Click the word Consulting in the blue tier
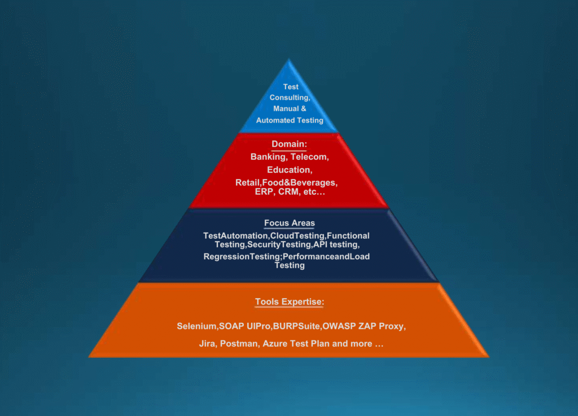(290, 98)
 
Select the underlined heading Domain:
(289, 144)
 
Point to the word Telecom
(310, 157)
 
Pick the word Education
(289, 170)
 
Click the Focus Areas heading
(289, 223)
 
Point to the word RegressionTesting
(242, 257)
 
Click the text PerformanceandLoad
(326, 257)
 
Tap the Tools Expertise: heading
(289, 302)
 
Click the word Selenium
(196, 326)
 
